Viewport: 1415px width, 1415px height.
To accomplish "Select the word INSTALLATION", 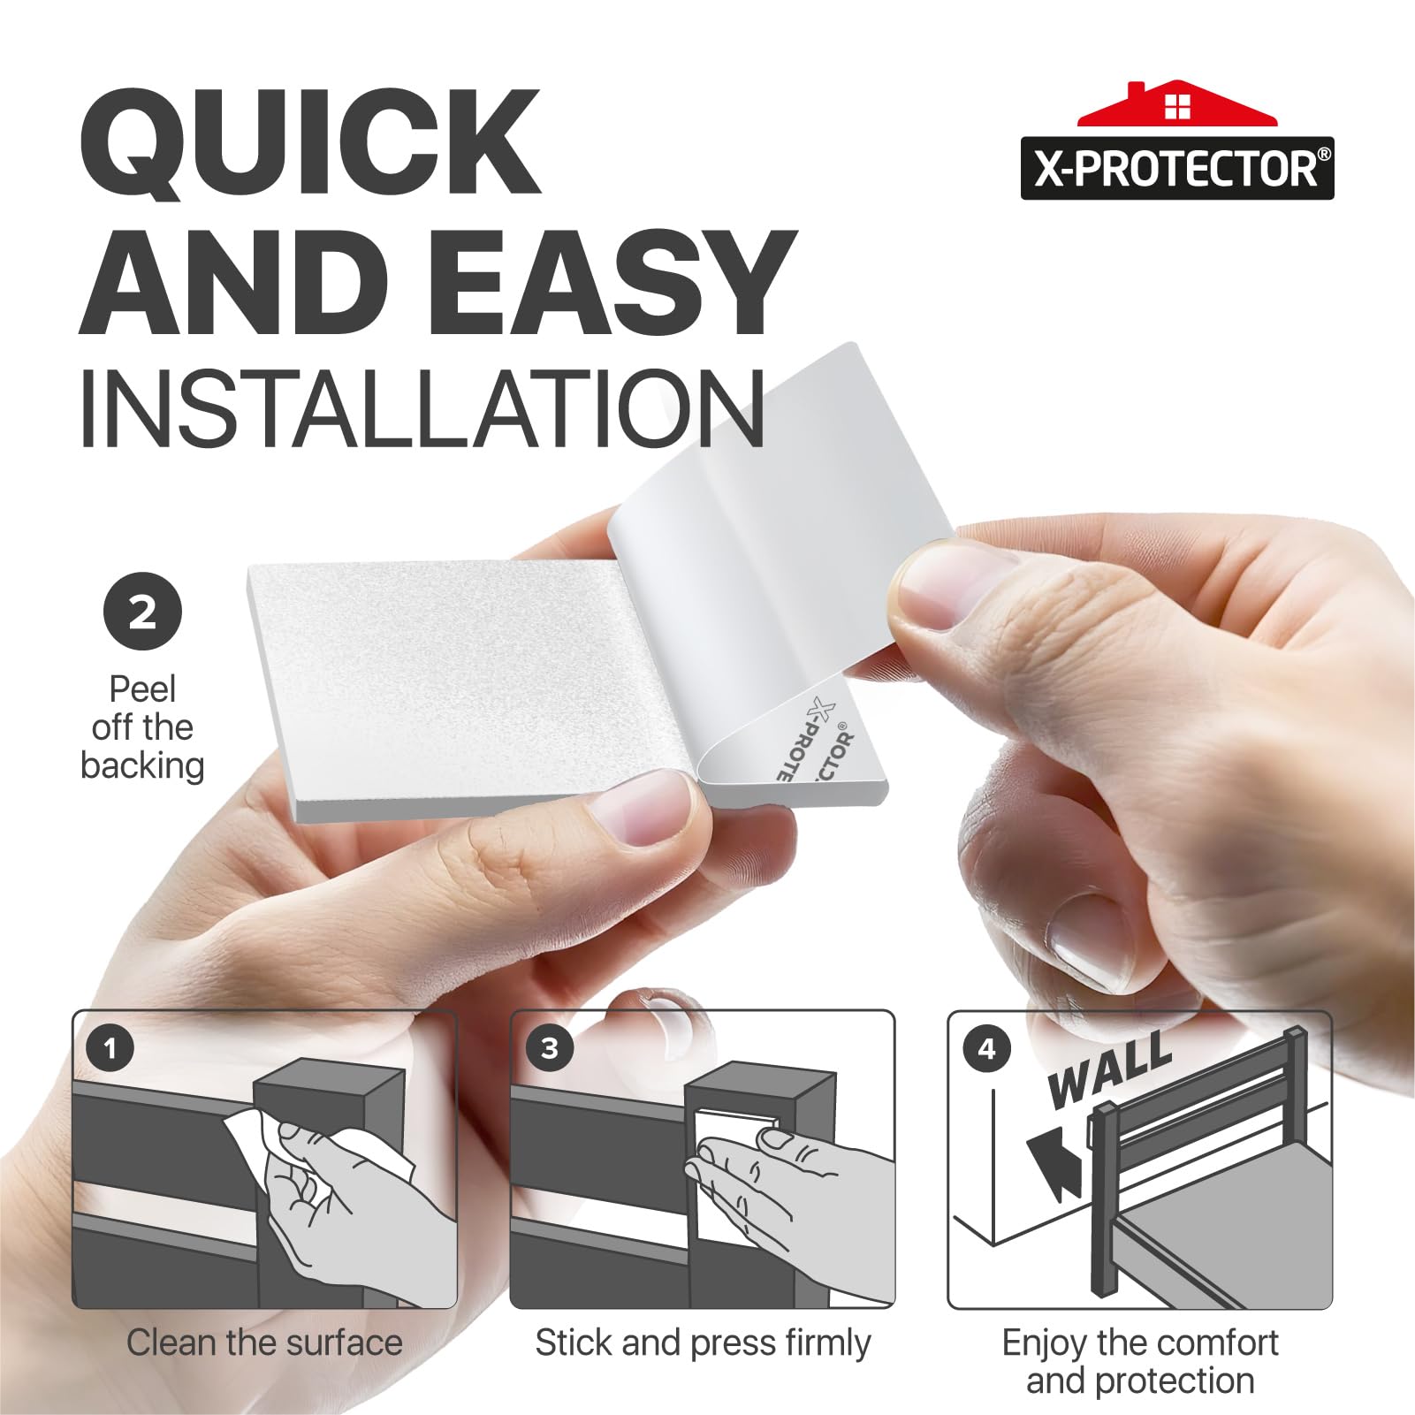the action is click(x=422, y=409).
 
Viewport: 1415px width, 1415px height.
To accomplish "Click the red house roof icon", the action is click(x=1177, y=105).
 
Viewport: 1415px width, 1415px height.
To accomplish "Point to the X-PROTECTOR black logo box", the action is click(x=1177, y=168).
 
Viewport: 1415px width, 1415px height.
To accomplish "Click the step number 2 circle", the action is click(x=142, y=612).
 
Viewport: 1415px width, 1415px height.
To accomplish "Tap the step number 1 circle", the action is click(x=110, y=1048).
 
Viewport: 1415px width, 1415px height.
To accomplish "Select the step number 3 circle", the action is click(x=549, y=1048).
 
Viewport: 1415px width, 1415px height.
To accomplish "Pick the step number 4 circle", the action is click(x=986, y=1048).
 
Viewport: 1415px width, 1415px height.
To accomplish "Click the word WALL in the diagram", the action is click(x=1110, y=1070).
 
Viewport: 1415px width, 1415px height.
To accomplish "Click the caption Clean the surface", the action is click(x=264, y=1343).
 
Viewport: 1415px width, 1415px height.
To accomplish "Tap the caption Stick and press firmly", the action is click(x=703, y=1343).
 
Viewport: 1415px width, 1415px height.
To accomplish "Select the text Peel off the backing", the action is click(x=142, y=727).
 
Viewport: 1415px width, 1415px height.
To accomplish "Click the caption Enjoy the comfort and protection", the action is click(x=1140, y=1362).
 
